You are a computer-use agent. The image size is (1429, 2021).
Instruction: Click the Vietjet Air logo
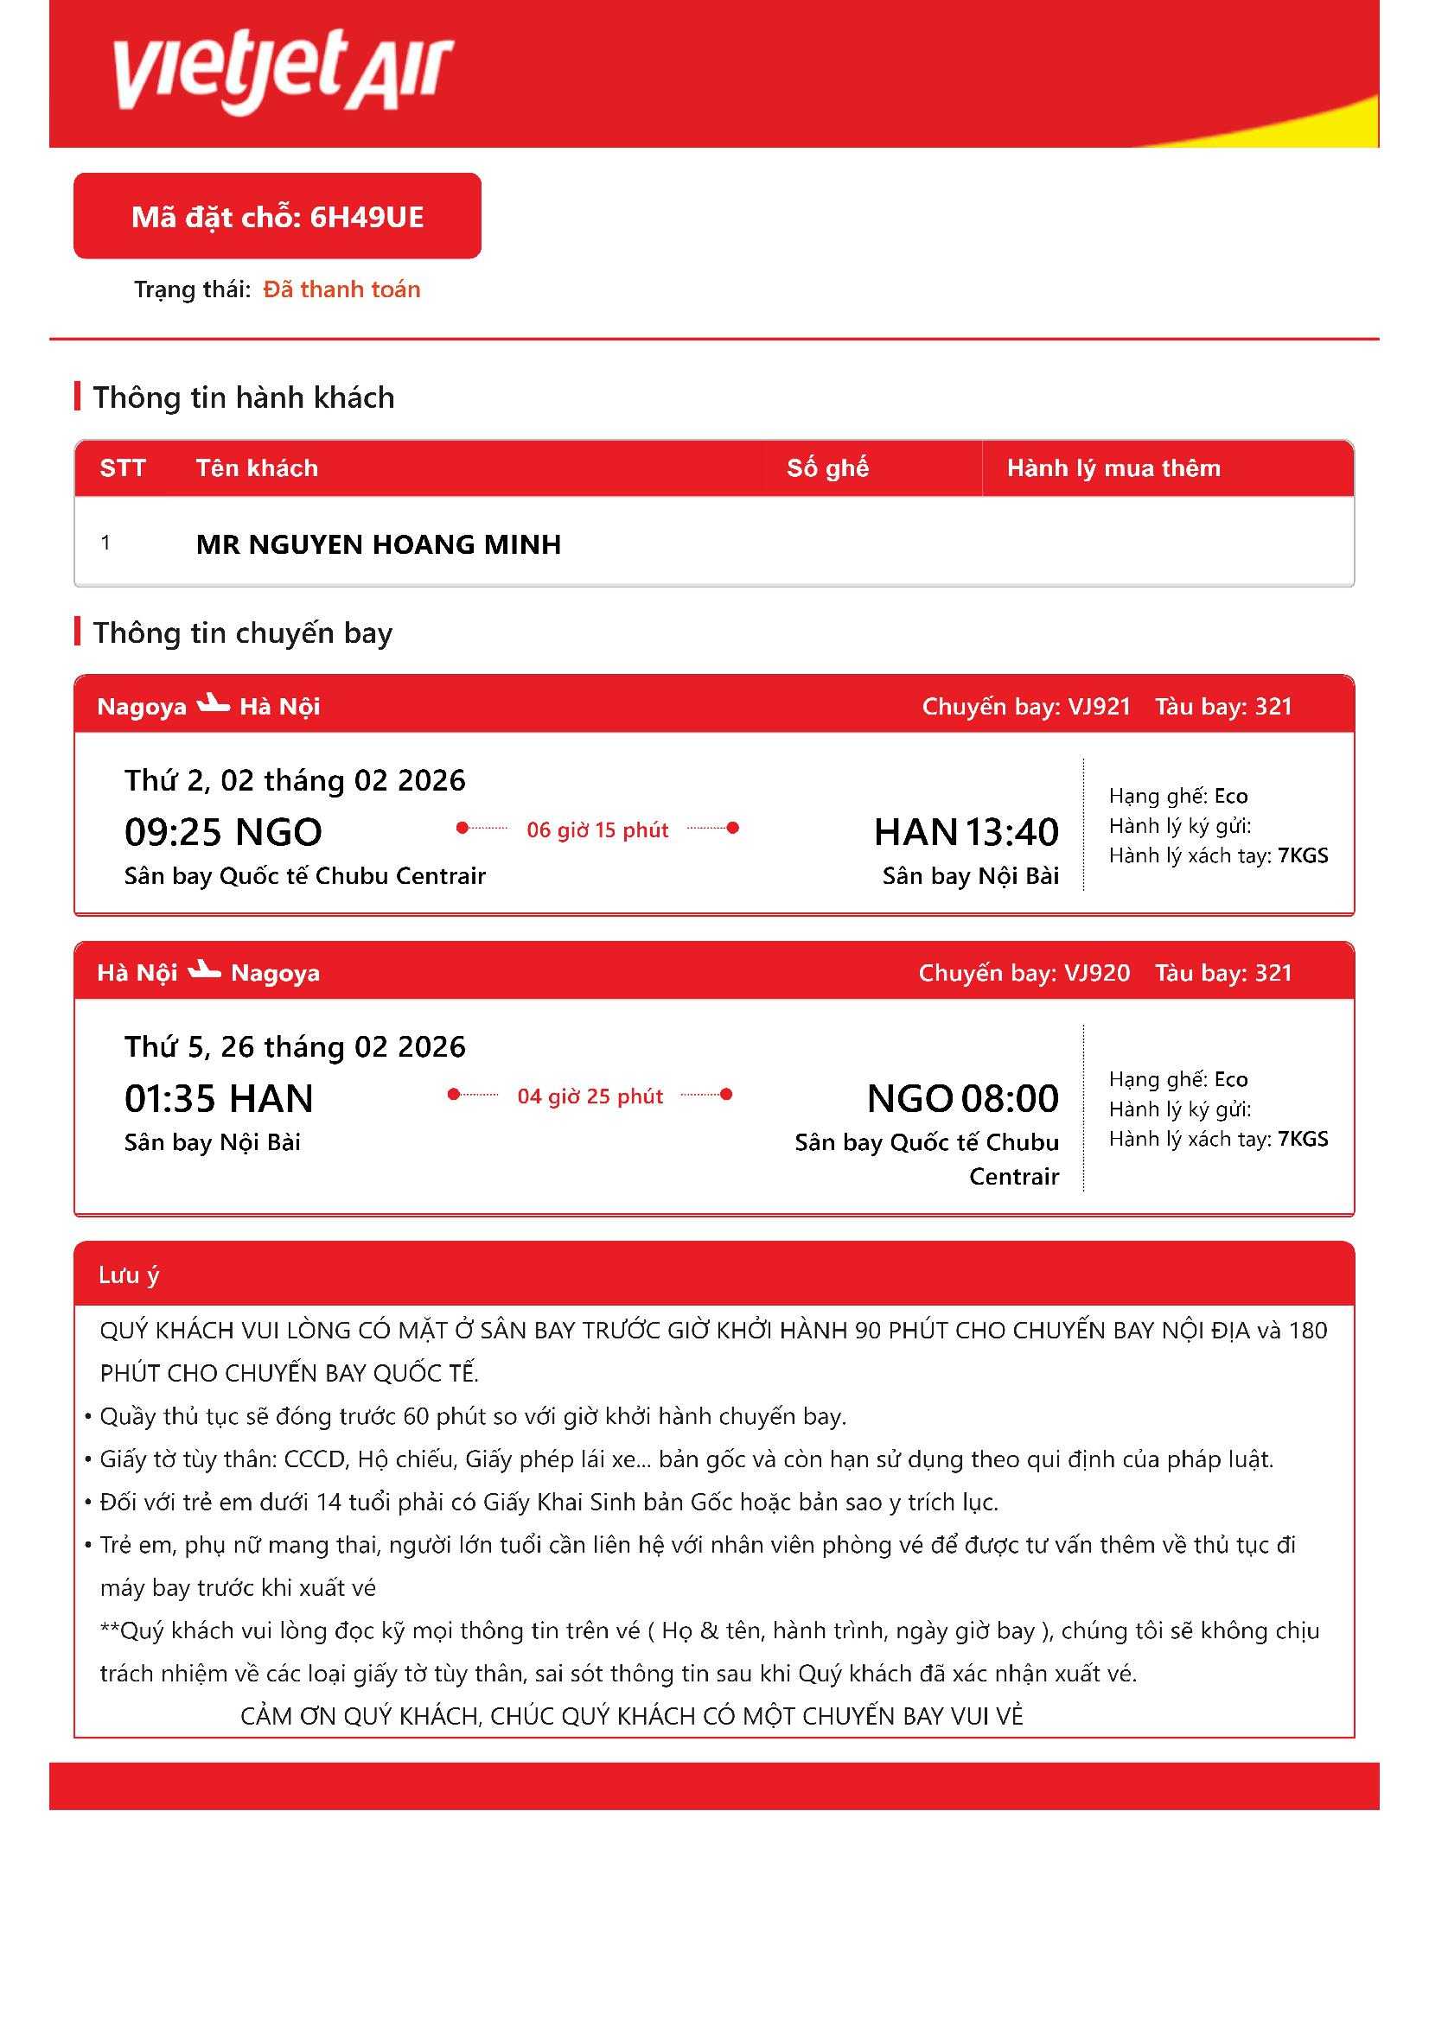click(x=283, y=72)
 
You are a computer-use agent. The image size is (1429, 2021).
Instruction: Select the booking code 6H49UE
click(x=367, y=217)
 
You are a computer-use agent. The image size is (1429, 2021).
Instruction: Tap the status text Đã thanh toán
click(x=341, y=289)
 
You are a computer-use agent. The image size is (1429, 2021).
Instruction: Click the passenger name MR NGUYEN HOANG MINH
click(x=379, y=544)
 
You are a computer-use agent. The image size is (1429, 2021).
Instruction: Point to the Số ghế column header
click(x=827, y=468)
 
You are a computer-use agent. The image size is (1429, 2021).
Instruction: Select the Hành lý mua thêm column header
click(x=1113, y=468)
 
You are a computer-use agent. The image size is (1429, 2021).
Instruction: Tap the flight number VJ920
click(x=1097, y=973)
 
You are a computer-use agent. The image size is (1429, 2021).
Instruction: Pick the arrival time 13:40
click(x=1011, y=832)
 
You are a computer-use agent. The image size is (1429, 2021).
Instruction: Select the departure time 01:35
click(x=170, y=1098)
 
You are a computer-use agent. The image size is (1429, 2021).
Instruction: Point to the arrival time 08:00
click(x=1010, y=1098)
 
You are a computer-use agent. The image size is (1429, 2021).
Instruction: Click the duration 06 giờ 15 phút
click(x=598, y=829)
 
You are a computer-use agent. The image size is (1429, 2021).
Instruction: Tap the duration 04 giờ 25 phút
click(x=590, y=1096)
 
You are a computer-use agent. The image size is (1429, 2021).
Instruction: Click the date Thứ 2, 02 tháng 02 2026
click(x=295, y=780)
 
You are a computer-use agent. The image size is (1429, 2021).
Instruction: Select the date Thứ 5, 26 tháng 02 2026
click(x=295, y=1046)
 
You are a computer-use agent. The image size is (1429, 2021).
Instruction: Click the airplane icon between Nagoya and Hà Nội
click(x=213, y=703)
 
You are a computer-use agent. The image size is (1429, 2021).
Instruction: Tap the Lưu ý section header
click(x=129, y=1274)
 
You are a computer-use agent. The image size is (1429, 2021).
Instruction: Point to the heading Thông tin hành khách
click(x=244, y=397)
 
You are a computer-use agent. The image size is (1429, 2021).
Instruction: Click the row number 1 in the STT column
click(x=106, y=543)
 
